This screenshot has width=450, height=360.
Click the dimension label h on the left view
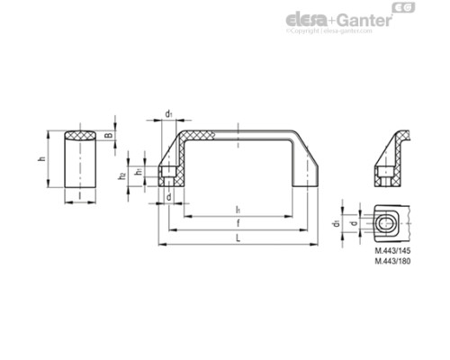(41, 160)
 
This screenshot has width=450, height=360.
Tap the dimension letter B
(109, 137)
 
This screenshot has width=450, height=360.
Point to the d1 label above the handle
(169, 114)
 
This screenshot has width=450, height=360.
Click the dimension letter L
(237, 238)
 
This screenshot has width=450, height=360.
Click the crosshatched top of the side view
(80, 137)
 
